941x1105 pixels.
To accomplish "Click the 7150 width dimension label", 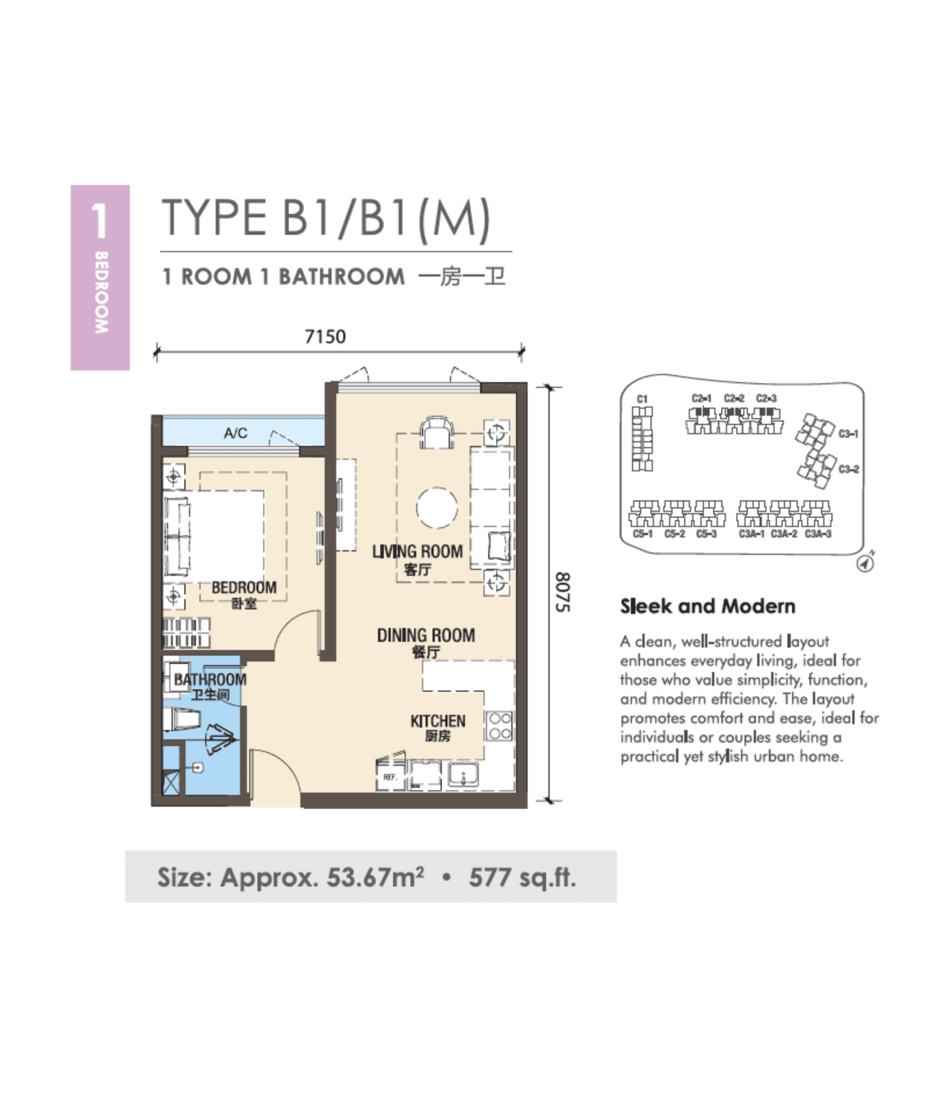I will click(325, 337).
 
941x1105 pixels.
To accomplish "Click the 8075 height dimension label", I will click(563, 592).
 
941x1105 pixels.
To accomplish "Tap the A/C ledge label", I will click(236, 433).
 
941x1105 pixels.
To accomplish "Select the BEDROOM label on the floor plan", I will click(244, 588).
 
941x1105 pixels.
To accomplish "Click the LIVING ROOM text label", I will click(417, 551).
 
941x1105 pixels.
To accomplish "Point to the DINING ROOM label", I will click(426, 636).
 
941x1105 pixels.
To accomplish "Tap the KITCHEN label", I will click(438, 721).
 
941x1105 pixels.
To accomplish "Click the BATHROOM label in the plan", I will click(210, 679).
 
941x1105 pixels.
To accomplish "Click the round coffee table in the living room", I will click(437, 507).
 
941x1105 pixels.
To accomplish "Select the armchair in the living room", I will click(437, 433).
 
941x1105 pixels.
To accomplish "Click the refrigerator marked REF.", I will click(390, 776).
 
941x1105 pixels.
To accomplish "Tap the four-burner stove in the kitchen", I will click(500, 726).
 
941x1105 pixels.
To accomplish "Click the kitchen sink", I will click(463, 776).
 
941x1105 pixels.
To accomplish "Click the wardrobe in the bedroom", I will click(186, 632).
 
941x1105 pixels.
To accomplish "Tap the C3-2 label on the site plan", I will click(848, 469).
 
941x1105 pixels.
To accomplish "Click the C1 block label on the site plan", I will click(642, 399).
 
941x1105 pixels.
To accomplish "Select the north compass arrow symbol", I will click(865, 563).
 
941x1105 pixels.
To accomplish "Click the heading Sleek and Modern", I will click(707, 606).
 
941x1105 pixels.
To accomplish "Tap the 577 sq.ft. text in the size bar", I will click(522, 877).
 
